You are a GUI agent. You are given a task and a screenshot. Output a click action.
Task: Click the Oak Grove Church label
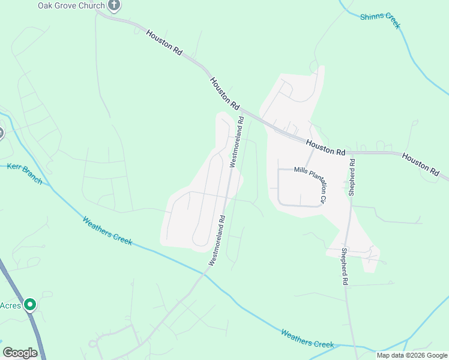pyautogui.click(x=71, y=5)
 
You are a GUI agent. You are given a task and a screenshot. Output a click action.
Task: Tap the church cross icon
pyautogui.click(x=115, y=5)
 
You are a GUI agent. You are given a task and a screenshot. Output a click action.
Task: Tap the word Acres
pyautogui.click(x=10, y=305)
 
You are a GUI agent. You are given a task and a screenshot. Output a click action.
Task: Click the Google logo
pyautogui.click(x=20, y=353)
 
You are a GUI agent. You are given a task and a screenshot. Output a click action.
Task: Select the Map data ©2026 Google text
pyautogui.click(x=412, y=355)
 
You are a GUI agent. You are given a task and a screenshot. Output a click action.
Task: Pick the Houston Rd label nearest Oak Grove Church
pyautogui.click(x=163, y=41)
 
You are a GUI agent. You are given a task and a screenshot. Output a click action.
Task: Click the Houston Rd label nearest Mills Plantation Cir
pyautogui.click(x=325, y=148)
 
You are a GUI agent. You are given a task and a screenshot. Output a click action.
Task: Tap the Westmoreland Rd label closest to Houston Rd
pyautogui.click(x=237, y=141)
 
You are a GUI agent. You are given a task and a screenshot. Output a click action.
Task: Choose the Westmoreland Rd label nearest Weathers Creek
pyautogui.click(x=217, y=241)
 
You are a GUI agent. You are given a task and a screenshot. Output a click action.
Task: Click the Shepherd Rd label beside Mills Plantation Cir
pyautogui.click(x=352, y=178)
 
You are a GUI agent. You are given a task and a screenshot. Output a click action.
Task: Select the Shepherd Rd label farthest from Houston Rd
pyautogui.click(x=345, y=267)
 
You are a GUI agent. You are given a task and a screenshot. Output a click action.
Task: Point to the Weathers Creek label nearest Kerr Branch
pyautogui.click(x=107, y=230)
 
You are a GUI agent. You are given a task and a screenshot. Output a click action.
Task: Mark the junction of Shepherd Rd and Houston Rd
pyautogui.click(x=352, y=153)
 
